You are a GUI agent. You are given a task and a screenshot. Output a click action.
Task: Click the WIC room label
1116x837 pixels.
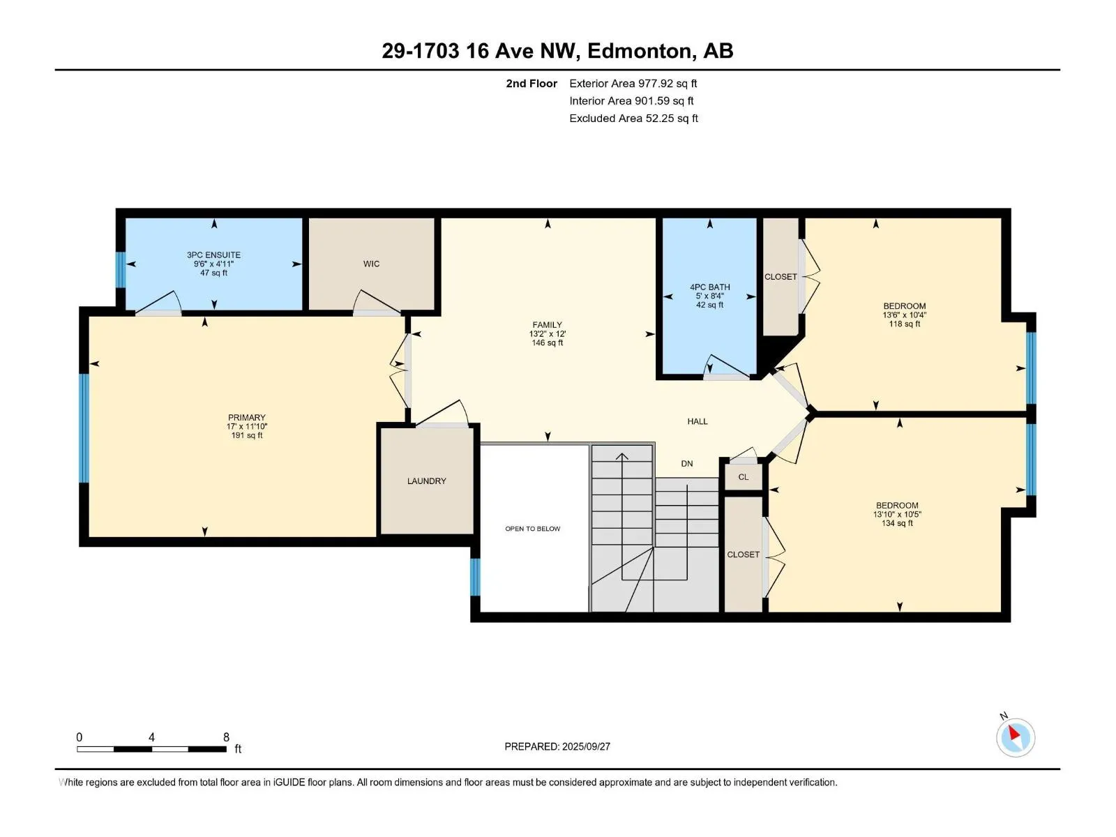[x=371, y=264]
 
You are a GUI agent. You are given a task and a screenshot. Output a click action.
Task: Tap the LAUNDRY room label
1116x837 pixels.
[x=427, y=481]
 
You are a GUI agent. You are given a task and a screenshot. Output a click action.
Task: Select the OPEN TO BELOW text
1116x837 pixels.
[x=532, y=529]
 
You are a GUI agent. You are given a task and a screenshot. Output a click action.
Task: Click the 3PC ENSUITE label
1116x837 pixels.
[x=213, y=255]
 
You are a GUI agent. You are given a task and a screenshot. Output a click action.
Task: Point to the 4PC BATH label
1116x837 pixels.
[x=710, y=287]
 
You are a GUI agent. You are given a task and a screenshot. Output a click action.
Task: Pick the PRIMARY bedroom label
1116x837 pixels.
[x=247, y=417]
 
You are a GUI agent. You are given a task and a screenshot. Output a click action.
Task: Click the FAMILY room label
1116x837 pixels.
[x=547, y=325]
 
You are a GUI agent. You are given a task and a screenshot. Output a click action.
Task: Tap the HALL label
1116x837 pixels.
[x=697, y=421]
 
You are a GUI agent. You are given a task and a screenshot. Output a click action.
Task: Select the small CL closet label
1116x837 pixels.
[x=744, y=476]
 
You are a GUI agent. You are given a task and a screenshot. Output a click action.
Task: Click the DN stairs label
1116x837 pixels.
[x=687, y=463]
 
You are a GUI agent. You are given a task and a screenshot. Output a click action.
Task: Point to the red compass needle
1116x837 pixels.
[x=1013, y=732]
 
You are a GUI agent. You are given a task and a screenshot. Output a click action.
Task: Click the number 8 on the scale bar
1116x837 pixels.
[x=226, y=737]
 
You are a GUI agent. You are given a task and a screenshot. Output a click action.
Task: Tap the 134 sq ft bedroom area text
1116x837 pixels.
[x=898, y=523]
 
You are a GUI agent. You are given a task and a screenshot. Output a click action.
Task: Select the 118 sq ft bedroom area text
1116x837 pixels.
[x=905, y=324]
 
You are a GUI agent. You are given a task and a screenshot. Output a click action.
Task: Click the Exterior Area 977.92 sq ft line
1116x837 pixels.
[x=633, y=83]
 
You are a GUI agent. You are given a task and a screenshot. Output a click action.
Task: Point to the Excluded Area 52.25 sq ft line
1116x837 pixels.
[x=633, y=119]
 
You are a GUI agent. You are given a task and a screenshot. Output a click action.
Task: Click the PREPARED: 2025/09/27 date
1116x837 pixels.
[x=557, y=746]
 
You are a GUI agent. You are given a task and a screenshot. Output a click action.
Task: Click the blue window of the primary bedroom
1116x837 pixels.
[x=84, y=428]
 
